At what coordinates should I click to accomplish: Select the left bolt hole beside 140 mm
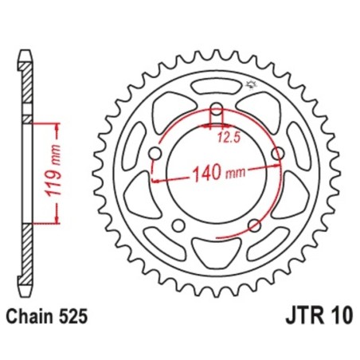(156, 153)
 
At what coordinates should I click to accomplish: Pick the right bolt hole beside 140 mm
(277, 153)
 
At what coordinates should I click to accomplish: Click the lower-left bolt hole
(178, 224)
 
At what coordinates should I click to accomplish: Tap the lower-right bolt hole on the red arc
(253, 224)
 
